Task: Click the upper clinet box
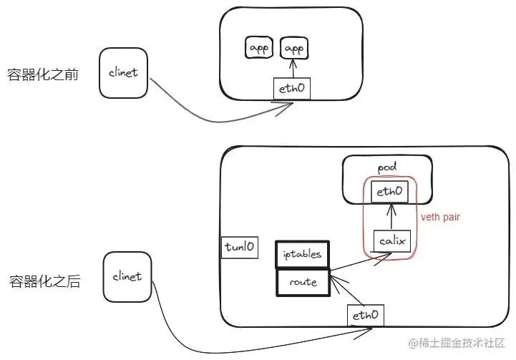(123, 73)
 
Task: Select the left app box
(258, 49)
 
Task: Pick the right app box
(292, 49)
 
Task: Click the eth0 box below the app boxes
(292, 89)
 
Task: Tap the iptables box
(302, 253)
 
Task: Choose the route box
(302, 281)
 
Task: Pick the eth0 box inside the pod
(390, 192)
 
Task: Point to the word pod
(386, 165)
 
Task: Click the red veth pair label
(439, 216)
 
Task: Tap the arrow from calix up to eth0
(390, 217)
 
